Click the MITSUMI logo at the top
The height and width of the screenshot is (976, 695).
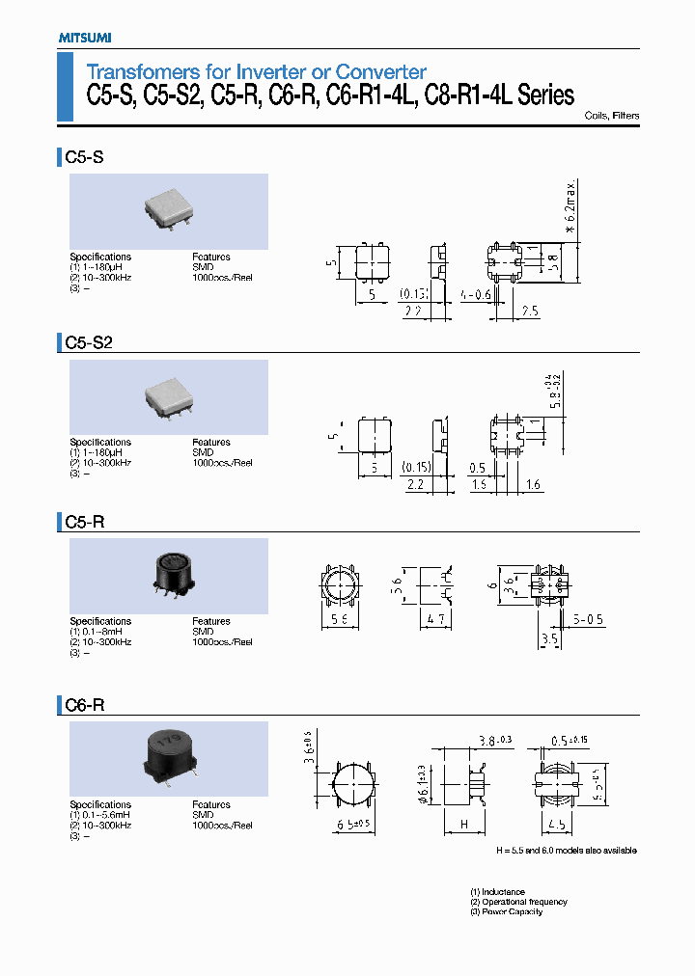point(78,37)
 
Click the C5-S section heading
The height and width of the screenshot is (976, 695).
point(84,156)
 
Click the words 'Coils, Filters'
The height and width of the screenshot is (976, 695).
point(612,116)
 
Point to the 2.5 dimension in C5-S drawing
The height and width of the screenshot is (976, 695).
point(528,312)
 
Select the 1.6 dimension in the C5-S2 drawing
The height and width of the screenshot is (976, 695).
point(533,485)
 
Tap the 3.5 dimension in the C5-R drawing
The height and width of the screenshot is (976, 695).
point(551,638)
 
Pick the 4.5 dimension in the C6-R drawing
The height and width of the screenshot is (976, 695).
point(556,825)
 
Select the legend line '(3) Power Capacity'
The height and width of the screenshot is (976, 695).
point(507,911)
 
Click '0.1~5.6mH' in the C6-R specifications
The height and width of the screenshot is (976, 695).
point(107,815)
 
